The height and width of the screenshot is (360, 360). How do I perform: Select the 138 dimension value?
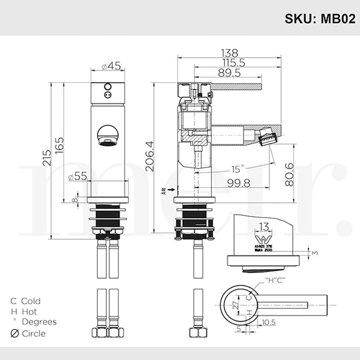(229, 53)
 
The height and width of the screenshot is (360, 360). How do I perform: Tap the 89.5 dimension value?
(229, 73)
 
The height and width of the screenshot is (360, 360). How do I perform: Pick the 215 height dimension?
(46, 159)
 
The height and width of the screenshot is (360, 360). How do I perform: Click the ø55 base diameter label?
(78, 176)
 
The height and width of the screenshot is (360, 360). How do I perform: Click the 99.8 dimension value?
(239, 182)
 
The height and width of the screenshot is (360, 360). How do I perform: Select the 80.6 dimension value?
(290, 175)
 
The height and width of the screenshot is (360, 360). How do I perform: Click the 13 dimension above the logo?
(264, 226)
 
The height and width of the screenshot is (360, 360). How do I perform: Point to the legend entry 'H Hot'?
(24, 311)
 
